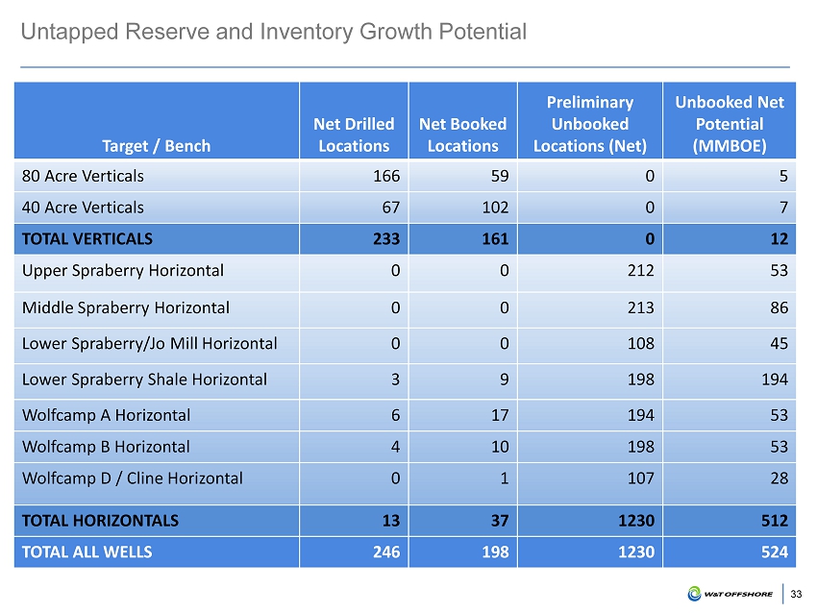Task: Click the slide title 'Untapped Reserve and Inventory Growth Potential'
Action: [274, 32]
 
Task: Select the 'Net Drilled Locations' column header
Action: [354, 135]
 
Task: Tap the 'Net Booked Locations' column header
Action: [462, 135]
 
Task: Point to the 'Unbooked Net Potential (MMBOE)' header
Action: [730, 124]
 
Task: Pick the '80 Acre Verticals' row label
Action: [84, 176]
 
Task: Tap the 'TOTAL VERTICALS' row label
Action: [87, 237]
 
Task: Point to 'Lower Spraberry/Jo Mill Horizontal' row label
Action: [150, 343]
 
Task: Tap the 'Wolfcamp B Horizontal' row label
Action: [106, 447]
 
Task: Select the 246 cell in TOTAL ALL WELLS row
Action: [386, 552]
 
